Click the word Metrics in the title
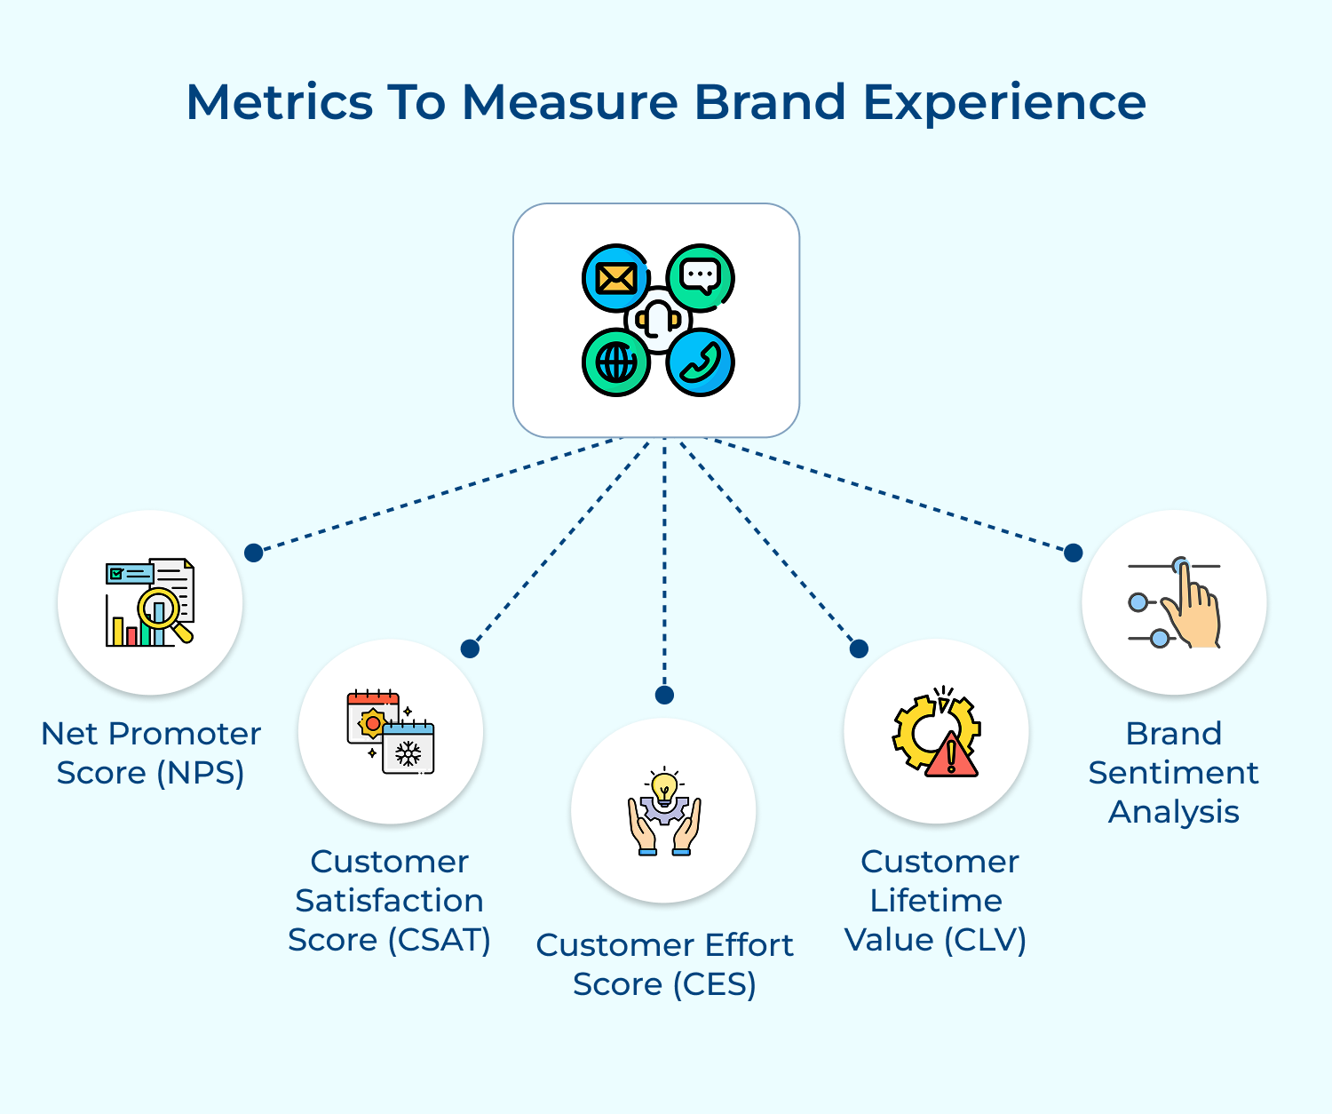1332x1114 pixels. point(279,102)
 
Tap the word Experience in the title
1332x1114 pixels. point(1004,104)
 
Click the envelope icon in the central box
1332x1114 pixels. point(615,278)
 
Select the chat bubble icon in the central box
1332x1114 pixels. point(700,277)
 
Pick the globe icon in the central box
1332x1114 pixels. point(616,362)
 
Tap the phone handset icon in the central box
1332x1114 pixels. point(701,362)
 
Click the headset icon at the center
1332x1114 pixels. point(658,320)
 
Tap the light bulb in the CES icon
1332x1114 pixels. point(664,787)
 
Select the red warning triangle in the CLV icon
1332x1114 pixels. point(951,757)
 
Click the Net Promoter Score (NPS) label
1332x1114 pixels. point(151,753)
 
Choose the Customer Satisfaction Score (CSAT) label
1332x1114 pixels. point(390,900)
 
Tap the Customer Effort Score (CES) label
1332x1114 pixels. point(664,964)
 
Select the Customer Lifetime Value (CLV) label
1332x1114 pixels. point(936,900)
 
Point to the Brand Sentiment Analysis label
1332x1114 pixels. point(1174,772)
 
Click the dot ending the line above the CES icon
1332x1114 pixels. point(664,695)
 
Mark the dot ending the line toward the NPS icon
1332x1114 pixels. point(254,553)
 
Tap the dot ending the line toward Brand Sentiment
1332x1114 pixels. point(1074,553)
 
